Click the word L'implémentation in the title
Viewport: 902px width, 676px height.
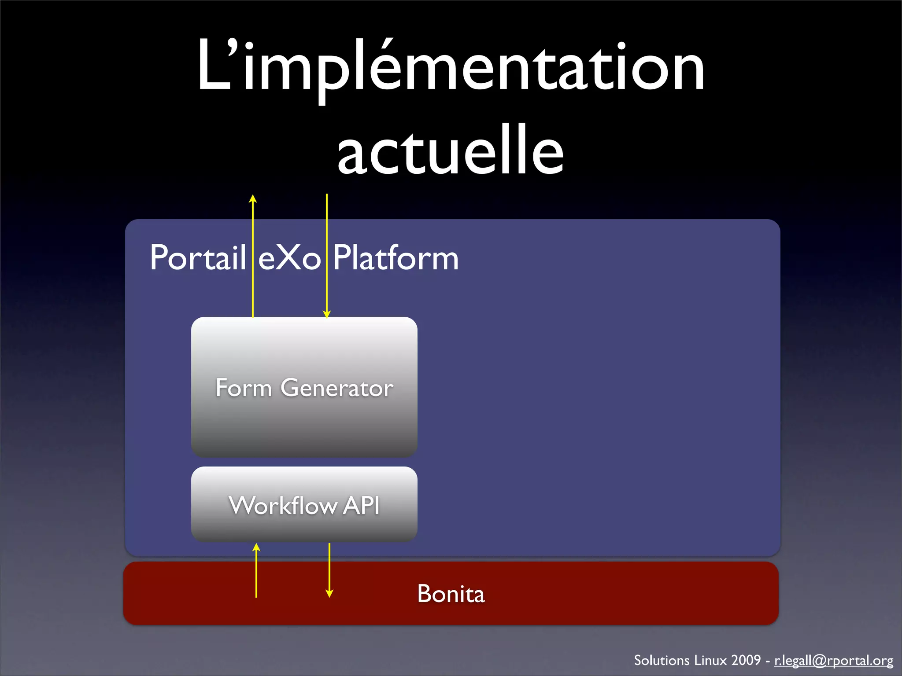point(450,66)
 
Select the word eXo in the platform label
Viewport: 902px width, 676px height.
point(289,258)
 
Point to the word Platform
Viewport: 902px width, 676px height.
point(396,258)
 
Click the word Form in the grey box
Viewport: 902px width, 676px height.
point(244,388)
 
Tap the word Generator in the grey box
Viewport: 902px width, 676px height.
point(337,388)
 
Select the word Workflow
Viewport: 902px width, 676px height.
point(283,505)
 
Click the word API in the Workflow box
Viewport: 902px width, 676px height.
point(361,505)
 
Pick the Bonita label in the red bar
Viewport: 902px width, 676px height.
point(451,594)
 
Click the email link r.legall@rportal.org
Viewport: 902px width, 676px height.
point(833,660)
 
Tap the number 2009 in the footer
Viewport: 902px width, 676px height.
point(746,660)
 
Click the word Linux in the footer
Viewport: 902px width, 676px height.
point(710,660)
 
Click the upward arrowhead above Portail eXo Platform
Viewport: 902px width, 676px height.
point(253,198)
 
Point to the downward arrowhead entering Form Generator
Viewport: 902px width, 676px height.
point(327,314)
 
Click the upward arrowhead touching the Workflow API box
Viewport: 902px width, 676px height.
point(256,547)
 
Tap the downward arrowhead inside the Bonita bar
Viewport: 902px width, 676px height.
point(329,594)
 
